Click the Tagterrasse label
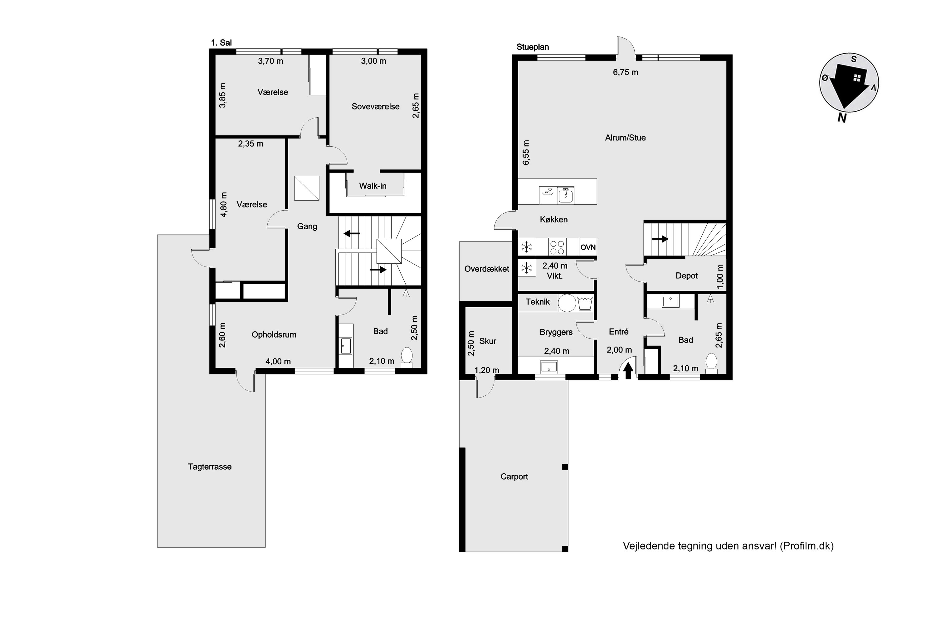pyautogui.click(x=209, y=467)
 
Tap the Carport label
pyautogui.click(x=514, y=477)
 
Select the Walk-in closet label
pyautogui.click(x=373, y=186)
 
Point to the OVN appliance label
pyautogui.click(x=588, y=247)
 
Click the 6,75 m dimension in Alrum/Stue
pyautogui.click(x=626, y=72)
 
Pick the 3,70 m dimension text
pyautogui.click(x=271, y=61)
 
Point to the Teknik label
pyautogui.click(x=537, y=302)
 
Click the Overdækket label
pyautogui.click(x=487, y=269)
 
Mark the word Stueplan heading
pyautogui.click(x=533, y=47)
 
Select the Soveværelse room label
pyautogui.click(x=375, y=107)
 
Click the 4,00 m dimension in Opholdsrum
pyautogui.click(x=278, y=362)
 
